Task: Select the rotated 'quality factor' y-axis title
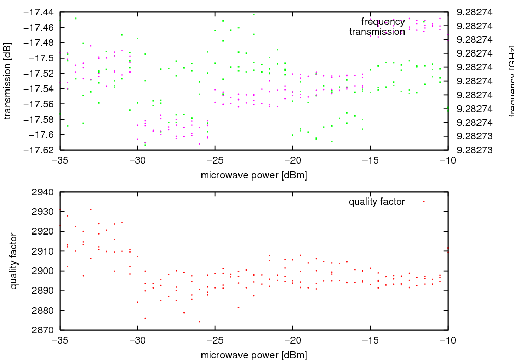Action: coord(14,261)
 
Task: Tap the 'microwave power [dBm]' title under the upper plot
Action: coord(254,175)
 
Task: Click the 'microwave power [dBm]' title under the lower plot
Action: coord(254,355)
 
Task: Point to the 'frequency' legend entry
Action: coord(383,22)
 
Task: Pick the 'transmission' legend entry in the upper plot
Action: coord(377,32)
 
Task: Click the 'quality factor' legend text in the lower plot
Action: coord(377,202)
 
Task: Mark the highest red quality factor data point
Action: coord(91,209)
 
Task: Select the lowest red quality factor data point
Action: coord(199,322)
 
